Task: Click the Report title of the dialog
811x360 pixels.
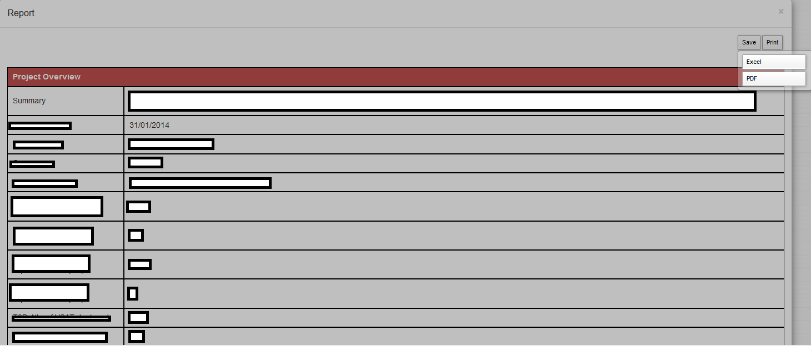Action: coord(21,13)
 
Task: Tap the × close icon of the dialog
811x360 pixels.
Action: coord(781,12)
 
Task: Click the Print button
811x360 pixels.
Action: coord(772,42)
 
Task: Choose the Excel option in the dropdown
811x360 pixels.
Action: coord(773,62)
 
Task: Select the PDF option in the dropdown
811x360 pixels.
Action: coord(773,79)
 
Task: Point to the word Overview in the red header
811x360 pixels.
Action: coord(62,77)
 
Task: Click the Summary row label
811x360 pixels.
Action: coord(29,101)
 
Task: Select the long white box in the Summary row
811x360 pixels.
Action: coord(442,101)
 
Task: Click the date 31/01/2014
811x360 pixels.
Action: coord(149,125)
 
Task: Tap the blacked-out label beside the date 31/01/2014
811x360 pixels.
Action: coord(40,126)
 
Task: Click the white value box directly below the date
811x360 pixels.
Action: coord(171,144)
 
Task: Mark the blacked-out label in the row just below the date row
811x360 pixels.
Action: coord(38,145)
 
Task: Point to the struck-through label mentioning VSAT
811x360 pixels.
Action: coord(61,318)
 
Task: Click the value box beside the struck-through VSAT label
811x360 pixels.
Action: coord(138,318)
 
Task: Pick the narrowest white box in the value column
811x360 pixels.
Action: coord(133,293)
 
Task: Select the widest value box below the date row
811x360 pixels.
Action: coord(200,183)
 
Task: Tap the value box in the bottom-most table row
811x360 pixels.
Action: coord(137,336)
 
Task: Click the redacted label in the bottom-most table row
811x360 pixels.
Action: coord(60,337)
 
